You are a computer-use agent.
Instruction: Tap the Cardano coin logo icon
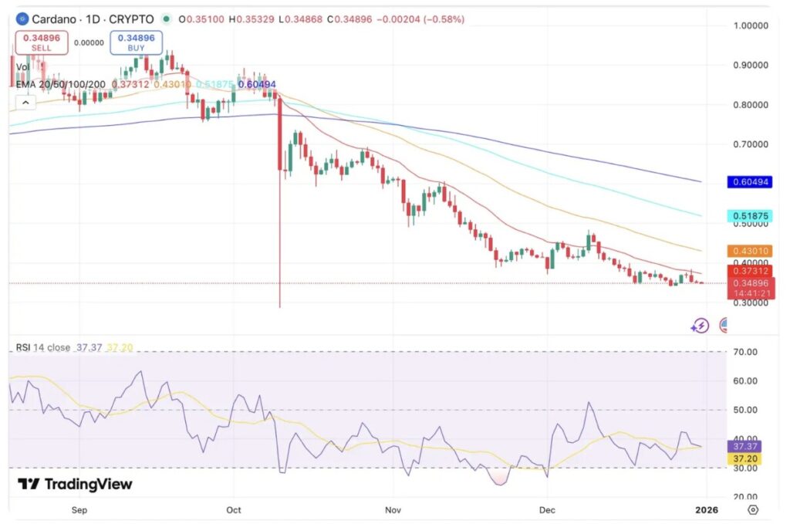click(x=22, y=19)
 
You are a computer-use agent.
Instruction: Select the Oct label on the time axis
click(x=234, y=510)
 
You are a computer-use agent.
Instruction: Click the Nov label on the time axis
click(x=393, y=510)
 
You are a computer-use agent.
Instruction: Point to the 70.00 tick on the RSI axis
click(x=746, y=352)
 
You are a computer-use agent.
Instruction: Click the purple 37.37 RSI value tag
click(x=746, y=446)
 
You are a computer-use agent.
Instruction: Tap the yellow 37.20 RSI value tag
click(x=746, y=458)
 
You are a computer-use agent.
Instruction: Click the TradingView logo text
click(x=75, y=485)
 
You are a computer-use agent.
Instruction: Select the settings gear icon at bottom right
click(x=753, y=510)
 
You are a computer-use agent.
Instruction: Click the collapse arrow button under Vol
click(x=25, y=103)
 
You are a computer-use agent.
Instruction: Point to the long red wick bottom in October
click(x=279, y=306)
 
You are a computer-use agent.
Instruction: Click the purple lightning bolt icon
click(x=701, y=325)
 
